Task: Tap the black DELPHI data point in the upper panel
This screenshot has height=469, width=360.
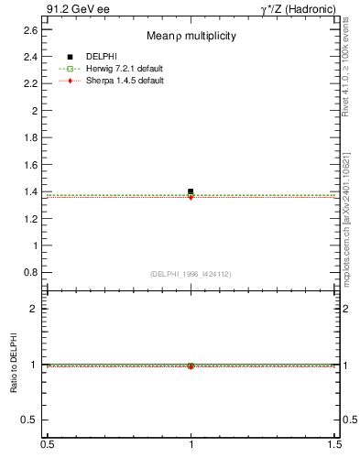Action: point(191,191)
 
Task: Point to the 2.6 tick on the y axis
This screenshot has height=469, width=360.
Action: point(31,30)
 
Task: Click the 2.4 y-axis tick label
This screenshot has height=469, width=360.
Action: point(31,57)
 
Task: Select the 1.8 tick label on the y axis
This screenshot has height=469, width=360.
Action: point(31,137)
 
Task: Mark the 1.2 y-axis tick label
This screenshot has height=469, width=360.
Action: point(31,219)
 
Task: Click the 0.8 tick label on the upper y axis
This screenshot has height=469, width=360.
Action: point(31,273)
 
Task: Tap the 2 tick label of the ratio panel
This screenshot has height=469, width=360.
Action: point(36,309)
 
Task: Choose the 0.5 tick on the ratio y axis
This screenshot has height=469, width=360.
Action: point(31,420)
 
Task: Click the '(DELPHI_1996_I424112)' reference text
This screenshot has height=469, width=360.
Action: point(191,273)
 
